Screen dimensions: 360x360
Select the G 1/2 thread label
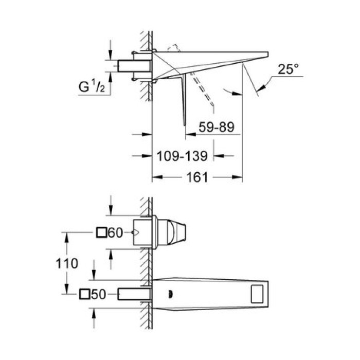93,87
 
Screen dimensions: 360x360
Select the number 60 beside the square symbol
116,233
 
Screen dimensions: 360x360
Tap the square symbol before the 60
102,233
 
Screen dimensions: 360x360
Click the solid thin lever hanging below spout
182,100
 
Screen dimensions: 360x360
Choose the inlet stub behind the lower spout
134,294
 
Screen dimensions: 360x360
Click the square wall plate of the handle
145,233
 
